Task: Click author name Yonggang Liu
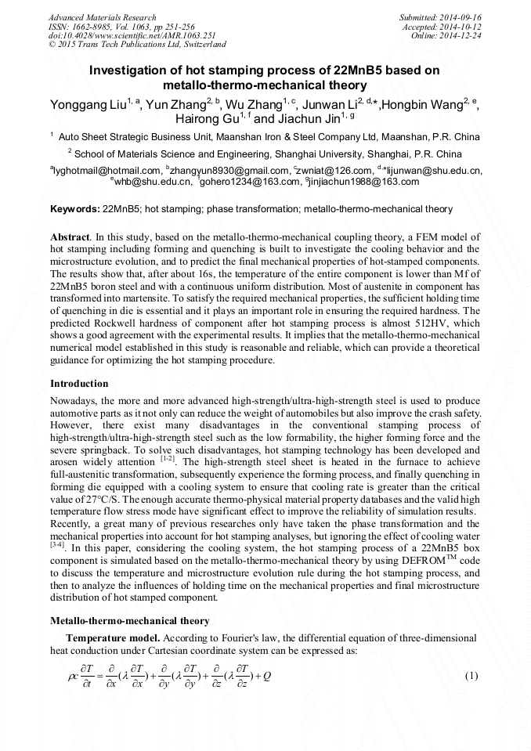(87, 105)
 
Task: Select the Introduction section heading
(79, 384)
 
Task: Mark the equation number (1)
(471, 675)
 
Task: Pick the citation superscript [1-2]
(168, 459)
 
